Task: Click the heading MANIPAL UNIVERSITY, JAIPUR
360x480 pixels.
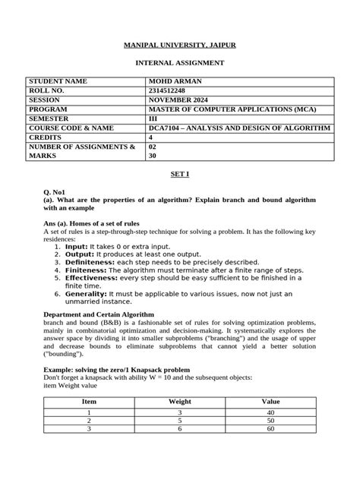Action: pyautogui.click(x=180, y=46)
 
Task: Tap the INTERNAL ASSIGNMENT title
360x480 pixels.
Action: pyautogui.click(x=180, y=63)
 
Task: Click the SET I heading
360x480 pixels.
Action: pyautogui.click(x=179, y=174)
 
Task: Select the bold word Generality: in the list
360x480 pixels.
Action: pyautogui.click(x=86, y=292)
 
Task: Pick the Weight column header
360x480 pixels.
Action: pyautogui.click(x=179, y=400)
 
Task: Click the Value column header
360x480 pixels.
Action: pyautogui.click(x=270, y=400)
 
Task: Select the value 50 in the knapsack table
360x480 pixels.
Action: pyautogui.click(x=270, y=420)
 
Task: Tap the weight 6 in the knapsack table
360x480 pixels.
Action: pyautogui.click(x=179, y=429)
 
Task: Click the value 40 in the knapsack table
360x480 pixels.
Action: pyautogui.click(x=270, y=412)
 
